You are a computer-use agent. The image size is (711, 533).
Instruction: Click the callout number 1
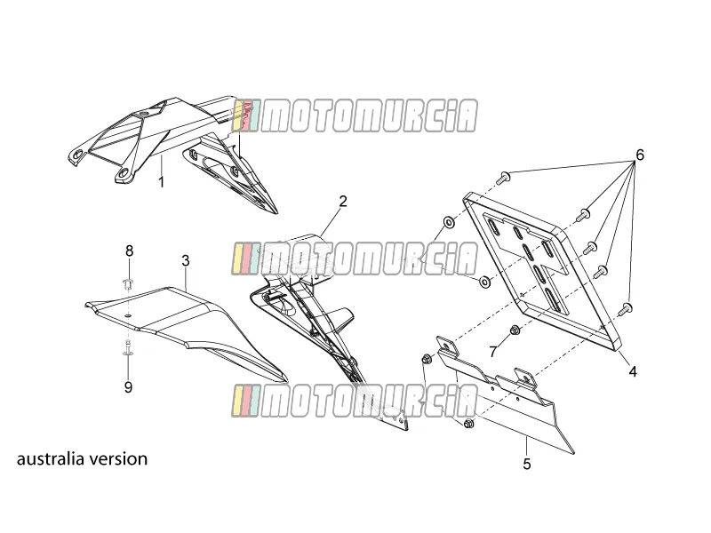pyautogui.click(x=161, y=182)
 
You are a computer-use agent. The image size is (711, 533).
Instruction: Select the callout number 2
pyautogui.click(x=343, y=202)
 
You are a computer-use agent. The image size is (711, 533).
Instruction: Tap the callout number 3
pyautogui.click(x=186, y=261)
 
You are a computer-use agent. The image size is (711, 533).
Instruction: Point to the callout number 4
pyautogui.click(x=633, y=371)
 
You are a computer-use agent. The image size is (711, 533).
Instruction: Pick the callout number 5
pyautogui.click(x=526, y=464)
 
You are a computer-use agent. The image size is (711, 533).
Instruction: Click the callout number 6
pyautogui.click(x=639, y=155)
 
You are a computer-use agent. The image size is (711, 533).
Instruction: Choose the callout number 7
pyautogui.click(x=493, y=351)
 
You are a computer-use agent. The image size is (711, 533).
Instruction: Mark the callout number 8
pyautogui.click(x=130, y=251)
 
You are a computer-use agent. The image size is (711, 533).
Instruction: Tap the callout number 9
pyautogui.click(x=128, y=387)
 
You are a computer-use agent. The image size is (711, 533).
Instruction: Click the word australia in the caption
pyautogui.click(x=51, y=458)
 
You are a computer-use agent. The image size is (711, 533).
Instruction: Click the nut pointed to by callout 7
pyautogui.click(x=515, y=330)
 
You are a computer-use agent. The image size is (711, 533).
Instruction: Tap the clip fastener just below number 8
pyautogui.click(x=128, y=285)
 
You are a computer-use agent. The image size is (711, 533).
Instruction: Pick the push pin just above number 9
pyautogui.click(x=128, y=348)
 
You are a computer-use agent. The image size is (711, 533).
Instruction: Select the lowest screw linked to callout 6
pyautogui.click(x=626, y=308)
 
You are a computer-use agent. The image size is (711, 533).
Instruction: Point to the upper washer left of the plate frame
pyautogui.click(x=449, y=223)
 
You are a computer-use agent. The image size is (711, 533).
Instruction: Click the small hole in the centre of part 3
pyautogui.click(x=128, y=315)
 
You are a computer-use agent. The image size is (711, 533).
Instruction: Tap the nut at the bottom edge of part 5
pyautogui.click(x=469, y=424)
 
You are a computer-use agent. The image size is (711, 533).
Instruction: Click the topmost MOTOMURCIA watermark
pyautogui.click(x=354, y=116)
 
